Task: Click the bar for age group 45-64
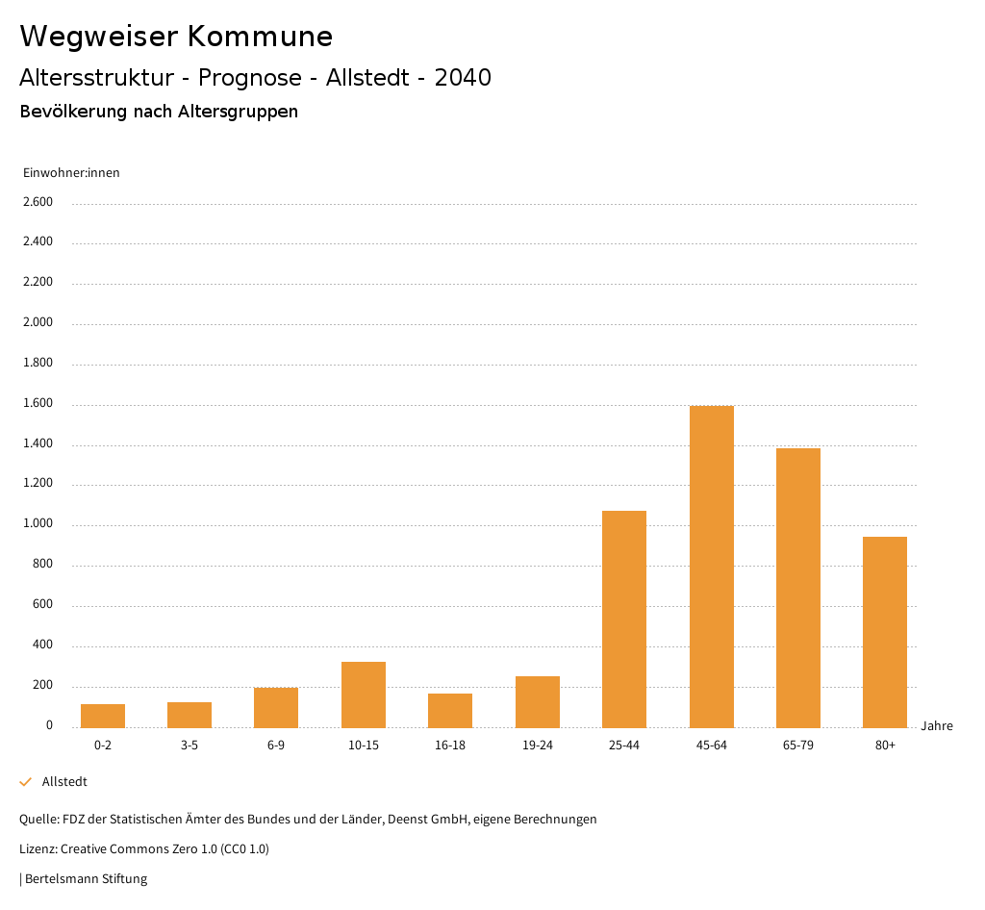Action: pos(711,567)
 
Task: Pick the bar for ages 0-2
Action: pos(103,716)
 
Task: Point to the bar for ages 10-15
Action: pos(364,695)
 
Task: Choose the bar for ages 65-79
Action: pos(798,588)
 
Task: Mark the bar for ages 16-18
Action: pos(450,710)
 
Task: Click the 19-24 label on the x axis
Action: pos(537,746)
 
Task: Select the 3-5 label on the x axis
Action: pos(189,746)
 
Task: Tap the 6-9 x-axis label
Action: pos(276,746)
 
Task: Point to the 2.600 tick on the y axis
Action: pos(38,202)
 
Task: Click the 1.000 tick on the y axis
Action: pos(38,524)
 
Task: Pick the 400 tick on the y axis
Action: pos(42,645)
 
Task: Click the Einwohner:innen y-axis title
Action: pos(71,173)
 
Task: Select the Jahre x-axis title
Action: pos(937,726)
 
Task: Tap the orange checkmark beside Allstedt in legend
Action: pos(26,782)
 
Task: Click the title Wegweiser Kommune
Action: pos(176,37)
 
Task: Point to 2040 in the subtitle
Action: pos(463,78)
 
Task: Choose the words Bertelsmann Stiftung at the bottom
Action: pos(86,879)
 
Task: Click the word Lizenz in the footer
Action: pos(38,849)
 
